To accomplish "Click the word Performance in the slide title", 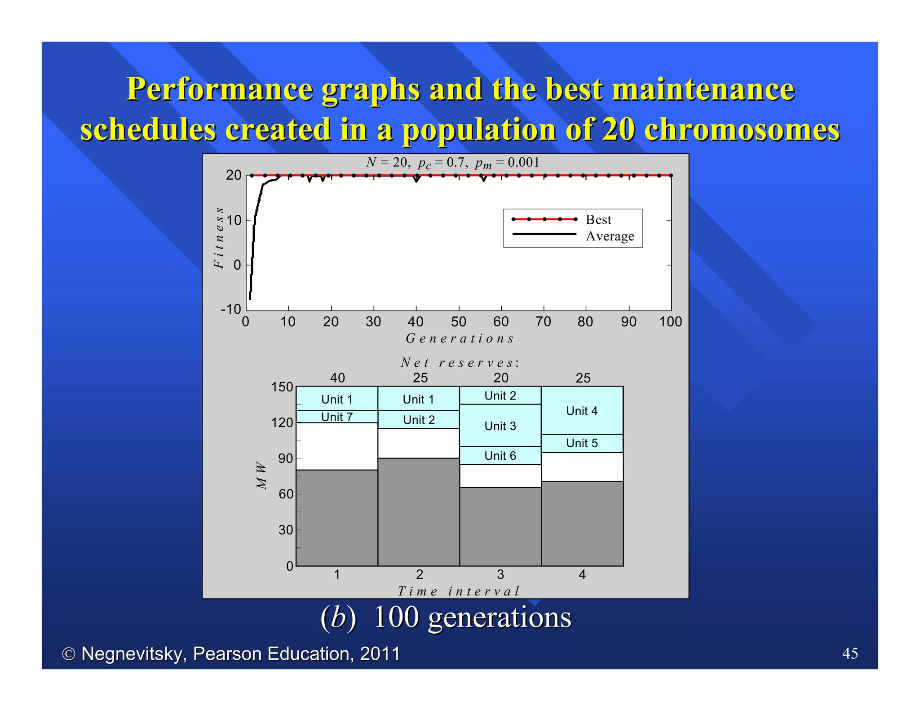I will pos(220,89).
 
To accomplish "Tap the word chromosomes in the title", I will pos(742,129).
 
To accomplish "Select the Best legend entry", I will pos(598,220).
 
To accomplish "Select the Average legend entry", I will pos(610,236).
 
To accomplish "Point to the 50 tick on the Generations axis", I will pos(458,322).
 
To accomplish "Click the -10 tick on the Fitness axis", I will pos(231,309).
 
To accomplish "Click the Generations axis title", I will pos(460,338).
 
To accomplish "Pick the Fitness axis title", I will pos(219,238).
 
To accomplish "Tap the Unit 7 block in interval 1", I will pos(337,417).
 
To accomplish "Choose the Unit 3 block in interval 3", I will pos(500,426).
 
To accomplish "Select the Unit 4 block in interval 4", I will pos(582,411).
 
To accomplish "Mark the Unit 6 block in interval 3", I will pos(500,456).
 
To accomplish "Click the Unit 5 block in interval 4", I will pos(582,443).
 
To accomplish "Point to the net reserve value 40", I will pos(337,378).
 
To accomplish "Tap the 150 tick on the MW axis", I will pos(282,387).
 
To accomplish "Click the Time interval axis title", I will pos(459,591).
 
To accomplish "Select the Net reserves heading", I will pos(460,363).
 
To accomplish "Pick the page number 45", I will pos(849,653).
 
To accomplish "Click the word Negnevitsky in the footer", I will pos(133,654).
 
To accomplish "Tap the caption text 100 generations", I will pos(472,617).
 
